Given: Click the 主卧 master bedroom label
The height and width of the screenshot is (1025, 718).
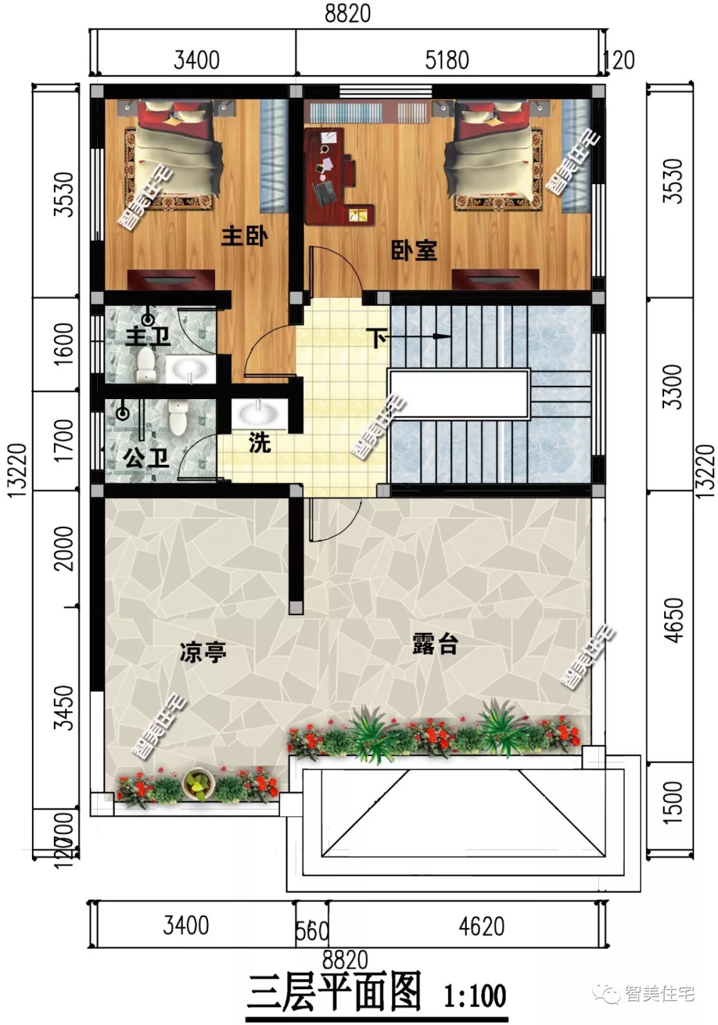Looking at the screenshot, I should pos(244,236).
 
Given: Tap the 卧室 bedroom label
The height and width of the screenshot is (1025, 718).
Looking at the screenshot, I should pos(414,251).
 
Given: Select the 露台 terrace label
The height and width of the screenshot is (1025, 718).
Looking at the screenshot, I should pos(435,644).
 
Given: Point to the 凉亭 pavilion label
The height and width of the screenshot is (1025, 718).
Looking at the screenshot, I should pos(203,652).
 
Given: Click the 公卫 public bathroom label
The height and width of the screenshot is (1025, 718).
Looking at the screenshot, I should pos(146,458).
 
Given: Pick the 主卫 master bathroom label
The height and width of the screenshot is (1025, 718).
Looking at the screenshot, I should pos(148,337).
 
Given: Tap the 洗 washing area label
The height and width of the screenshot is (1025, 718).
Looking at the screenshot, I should pos(259,442).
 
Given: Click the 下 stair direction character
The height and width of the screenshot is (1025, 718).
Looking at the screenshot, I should pos(376,337).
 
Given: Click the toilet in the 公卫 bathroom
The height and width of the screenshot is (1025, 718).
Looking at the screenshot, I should pos(179,416).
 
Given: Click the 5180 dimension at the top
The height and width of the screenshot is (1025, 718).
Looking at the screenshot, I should pos(447,61).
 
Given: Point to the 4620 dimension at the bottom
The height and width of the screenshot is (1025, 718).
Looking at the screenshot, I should pos(481,926).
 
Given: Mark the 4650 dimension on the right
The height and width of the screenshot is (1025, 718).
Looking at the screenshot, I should pos(673,620).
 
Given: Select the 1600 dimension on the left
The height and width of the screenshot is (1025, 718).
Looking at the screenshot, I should pos(64,343).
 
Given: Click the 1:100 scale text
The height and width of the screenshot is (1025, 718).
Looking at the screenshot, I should pos(475,996).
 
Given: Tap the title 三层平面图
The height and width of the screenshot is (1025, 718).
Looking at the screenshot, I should pos(334,992).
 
